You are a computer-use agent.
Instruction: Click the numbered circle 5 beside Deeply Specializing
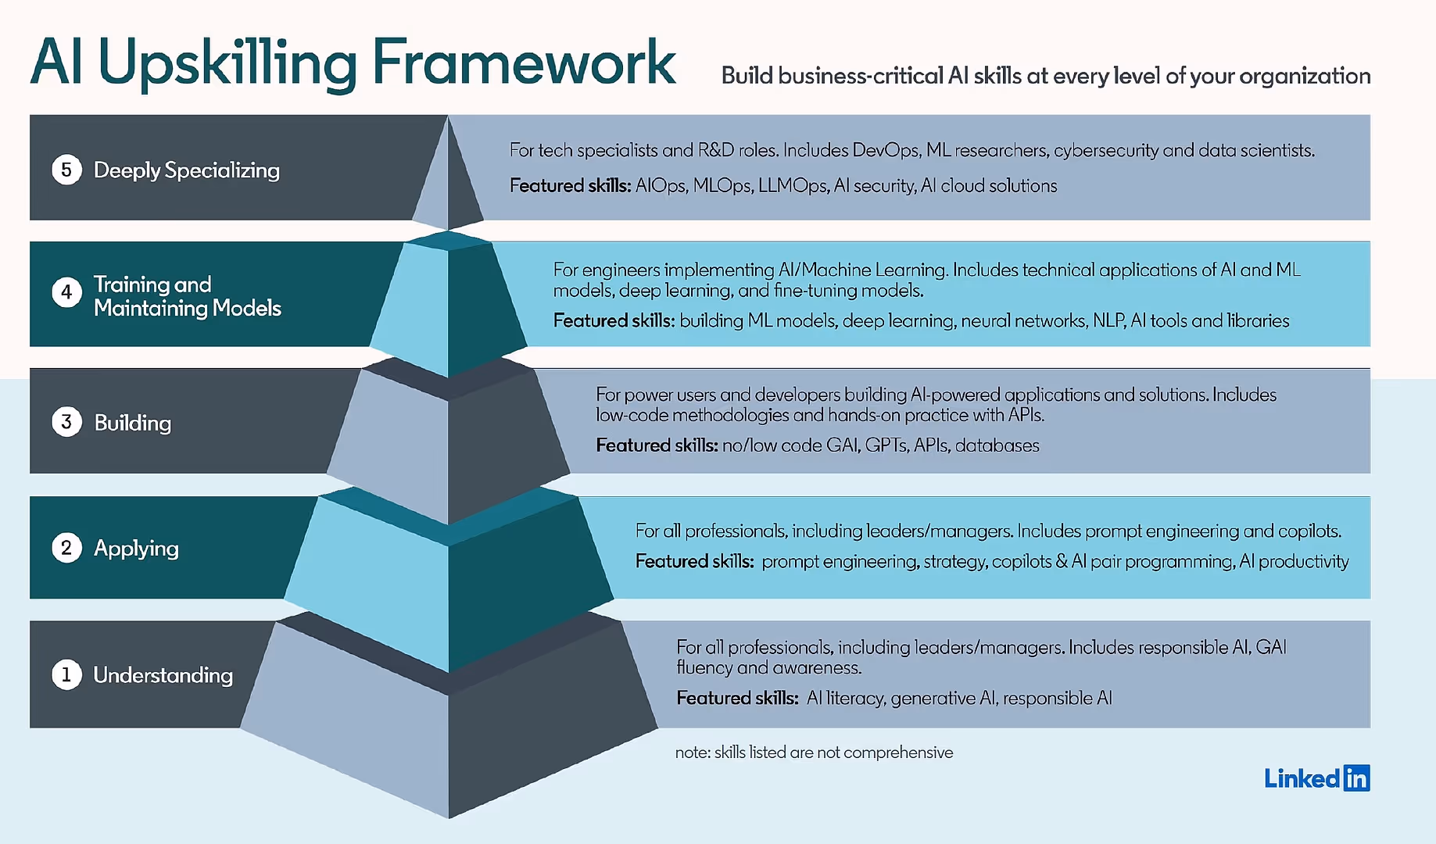[x=66, y=170]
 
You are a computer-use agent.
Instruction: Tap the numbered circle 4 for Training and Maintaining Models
[x=66, y=292]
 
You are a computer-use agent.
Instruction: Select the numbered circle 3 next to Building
[x=66, y=422]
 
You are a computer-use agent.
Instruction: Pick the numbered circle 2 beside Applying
[x=66, y=548]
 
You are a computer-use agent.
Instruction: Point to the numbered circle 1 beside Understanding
[x=66, y=674]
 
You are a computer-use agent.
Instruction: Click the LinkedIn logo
[x=1317, y=778]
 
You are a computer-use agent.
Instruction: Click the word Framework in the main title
[x=523, y=63]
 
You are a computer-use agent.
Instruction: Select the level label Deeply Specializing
[x=186, y=170]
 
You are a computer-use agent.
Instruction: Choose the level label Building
[x=132, y=423]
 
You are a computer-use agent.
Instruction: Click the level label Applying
[x=136, y=549]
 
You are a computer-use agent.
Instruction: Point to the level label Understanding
[x=163, y=675]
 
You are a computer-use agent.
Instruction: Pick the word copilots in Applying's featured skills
[x=1021, y=562]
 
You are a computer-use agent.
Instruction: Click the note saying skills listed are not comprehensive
[x=814, y=753]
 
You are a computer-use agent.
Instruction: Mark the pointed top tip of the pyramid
[x=448, y=117]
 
